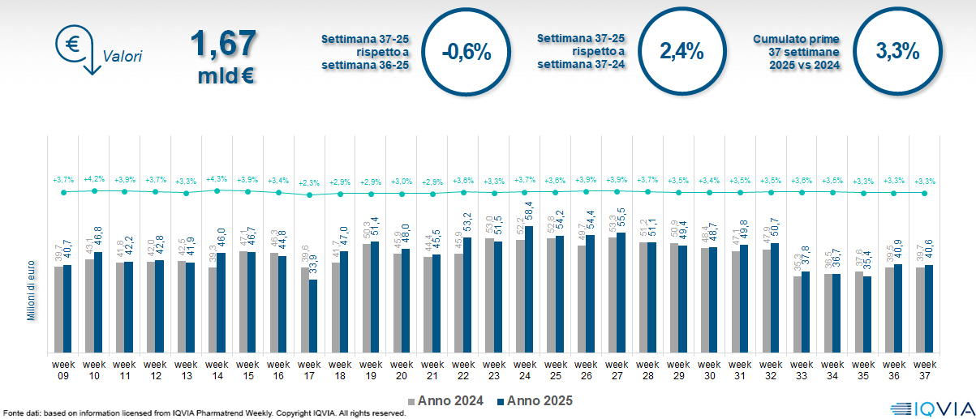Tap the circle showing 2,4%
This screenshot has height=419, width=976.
681,51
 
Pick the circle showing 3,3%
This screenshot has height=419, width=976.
897,51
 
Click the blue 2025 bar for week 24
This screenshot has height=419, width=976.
529,289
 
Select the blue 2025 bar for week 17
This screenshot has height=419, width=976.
313,316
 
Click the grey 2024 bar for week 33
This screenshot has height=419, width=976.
798,314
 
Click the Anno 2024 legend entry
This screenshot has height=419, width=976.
446,400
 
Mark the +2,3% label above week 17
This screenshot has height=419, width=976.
309,183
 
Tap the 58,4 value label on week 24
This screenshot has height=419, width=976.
529,213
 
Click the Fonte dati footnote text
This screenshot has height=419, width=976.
203,413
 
